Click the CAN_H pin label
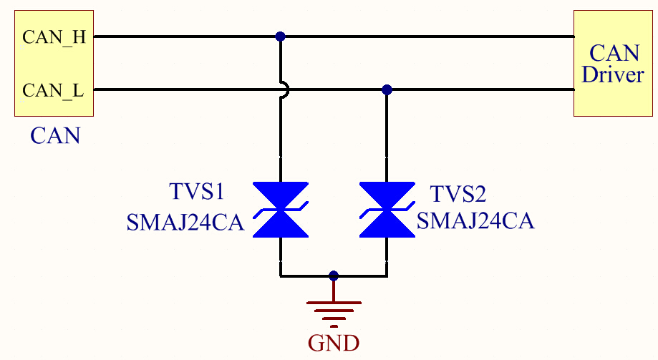click(54, 37)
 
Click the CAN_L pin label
click(53, 91)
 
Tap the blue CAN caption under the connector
click(54, 135)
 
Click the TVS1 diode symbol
click(281, 210)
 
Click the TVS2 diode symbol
click(387, 210)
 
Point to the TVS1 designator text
click(197, 192)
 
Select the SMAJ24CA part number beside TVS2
click(475, 221)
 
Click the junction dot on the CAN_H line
click(281, 37)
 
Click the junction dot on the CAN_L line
click(387, 90)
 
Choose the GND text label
click(334, 343)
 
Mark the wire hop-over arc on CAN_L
click(285, 90)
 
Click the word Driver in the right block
click(613, 74)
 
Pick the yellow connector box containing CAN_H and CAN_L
click(54, 63)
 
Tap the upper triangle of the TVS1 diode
click(281, 195)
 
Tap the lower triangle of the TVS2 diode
click(387, 224)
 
